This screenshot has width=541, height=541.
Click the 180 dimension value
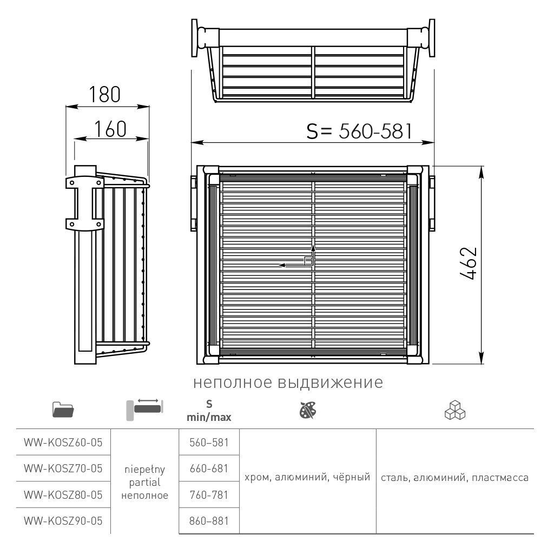tap(105, 95)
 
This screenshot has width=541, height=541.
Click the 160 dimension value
tap(110, 129)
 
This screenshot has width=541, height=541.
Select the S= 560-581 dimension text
tap(360, 131)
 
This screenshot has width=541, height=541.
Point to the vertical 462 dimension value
tap(469, 263)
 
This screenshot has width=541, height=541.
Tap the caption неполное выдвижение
tap(288, 382)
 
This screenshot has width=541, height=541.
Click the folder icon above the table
tap(63, 410)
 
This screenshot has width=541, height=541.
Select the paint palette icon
tap(308, 410)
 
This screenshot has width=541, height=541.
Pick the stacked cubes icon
tap(455, 410)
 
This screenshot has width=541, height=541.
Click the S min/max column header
tap(209, 411)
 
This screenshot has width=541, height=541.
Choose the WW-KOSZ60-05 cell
tap(63, 443)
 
